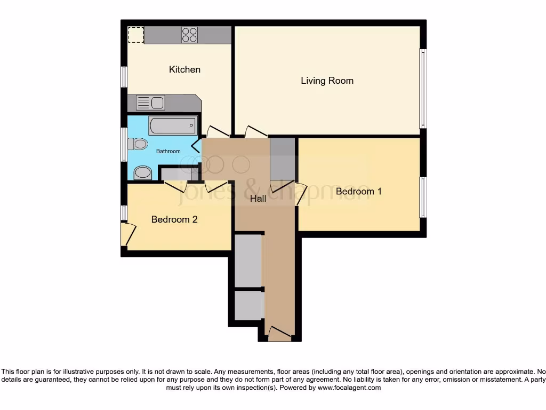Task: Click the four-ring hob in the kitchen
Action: pos(189,35)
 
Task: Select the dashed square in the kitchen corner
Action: pos(136,35)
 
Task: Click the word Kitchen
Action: pos(184,69)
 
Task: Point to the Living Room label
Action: pos(327,81)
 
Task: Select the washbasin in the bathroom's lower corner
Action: pos(142,172)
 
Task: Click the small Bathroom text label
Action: pos(168,151)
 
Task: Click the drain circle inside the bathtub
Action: pos(191,125)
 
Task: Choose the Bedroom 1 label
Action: pos(358,191)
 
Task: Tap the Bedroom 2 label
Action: pos(174,219)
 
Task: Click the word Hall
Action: pos(258,198)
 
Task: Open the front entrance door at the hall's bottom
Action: pos(279,334)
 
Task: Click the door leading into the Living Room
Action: pos(256,131)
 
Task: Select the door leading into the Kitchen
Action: pos(218,131)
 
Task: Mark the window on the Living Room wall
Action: pos(423,88)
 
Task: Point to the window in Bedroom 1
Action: pos(423,197)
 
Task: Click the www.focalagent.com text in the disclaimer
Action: pos(349,388)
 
